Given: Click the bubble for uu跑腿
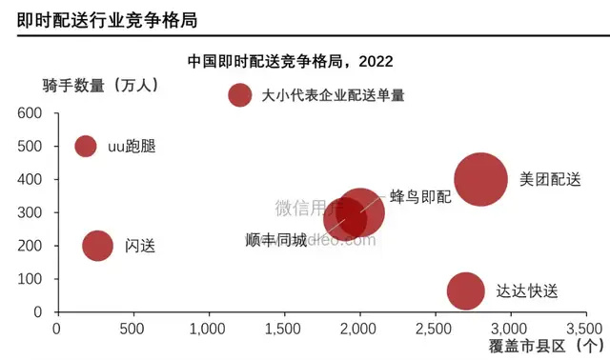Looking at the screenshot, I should coord(86,146).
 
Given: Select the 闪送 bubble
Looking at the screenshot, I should coord(98,245).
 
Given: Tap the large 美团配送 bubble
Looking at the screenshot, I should coord(480,178).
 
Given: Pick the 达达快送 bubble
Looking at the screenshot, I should coord(464,290).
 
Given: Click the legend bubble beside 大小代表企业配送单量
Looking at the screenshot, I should coord(240,95).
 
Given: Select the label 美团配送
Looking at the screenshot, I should coord(550,179).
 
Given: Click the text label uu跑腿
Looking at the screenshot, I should coord(131,147).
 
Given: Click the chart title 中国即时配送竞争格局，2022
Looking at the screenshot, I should coord(292,62).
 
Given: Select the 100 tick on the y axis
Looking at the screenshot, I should coord(31,279).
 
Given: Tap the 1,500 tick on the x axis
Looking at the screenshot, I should coord(283,329).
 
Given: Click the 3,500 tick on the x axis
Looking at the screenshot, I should coord(584,329).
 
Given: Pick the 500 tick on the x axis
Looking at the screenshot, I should coord(132,329).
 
